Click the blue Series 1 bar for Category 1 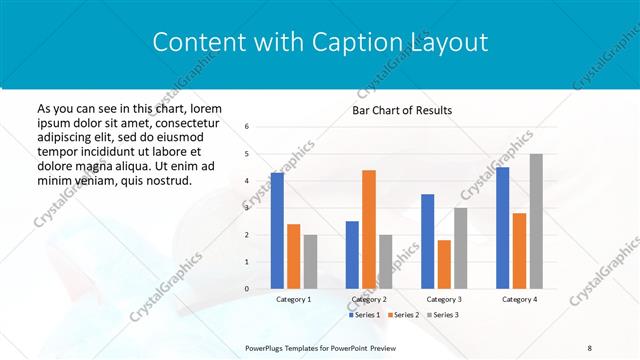tap(277, 231)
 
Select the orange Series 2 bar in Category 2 tap(369, 229)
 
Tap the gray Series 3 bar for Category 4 tap(536, 221)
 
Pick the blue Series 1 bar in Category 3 tap(428, 241)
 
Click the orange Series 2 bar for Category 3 tap(444, 264)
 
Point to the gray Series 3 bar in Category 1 tap(310, 261)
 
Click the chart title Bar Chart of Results tap(402, 110)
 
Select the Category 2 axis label tap(369, 299)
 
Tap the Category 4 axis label tap(519, 299)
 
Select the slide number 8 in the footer tap(590, 347)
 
